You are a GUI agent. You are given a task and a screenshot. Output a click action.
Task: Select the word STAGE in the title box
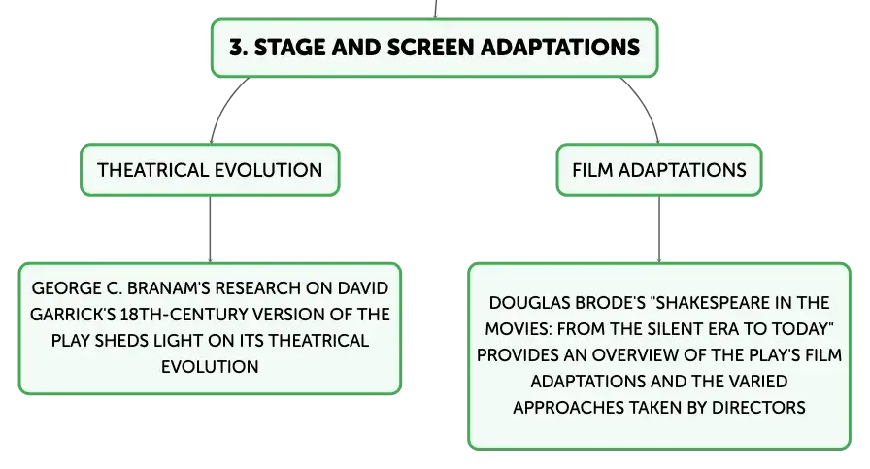289,48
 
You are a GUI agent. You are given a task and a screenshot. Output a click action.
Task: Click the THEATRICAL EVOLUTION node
210,170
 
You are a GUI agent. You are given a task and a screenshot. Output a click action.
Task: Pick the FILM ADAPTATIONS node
659,170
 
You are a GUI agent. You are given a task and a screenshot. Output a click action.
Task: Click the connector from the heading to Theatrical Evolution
222,106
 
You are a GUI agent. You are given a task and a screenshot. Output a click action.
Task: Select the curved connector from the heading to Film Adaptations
647,106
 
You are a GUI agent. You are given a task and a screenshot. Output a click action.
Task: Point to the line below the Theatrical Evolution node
211,229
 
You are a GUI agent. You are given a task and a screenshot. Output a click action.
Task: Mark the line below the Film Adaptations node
659,229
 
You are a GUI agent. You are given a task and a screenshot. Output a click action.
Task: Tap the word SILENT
675,328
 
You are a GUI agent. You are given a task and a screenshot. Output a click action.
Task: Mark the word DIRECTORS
758,408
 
